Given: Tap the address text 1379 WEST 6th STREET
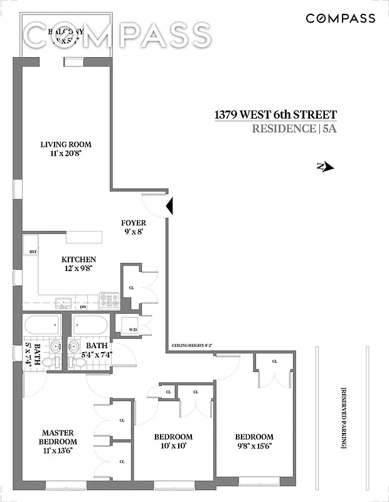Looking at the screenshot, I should [x=275, y=115].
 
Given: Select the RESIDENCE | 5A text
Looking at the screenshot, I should [x=294, y=129].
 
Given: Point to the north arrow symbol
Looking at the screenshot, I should [x=326, y=167].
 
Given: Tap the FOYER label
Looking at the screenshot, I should [x=134, y=223].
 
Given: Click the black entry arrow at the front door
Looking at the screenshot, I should [x=169, y=206].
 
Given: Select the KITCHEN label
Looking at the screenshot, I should [x=78, y=259].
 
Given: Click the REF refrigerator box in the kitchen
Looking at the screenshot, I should [x=33, y=252].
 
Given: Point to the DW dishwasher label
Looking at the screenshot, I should [x=83, y=306].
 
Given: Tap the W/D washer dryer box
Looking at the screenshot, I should [x=132, y=329].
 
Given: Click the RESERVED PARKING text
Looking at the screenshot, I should [x=344, y=417].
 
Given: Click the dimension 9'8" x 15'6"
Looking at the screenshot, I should [x=254, y=447].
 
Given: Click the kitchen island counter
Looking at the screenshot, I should [x=83, y=236].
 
